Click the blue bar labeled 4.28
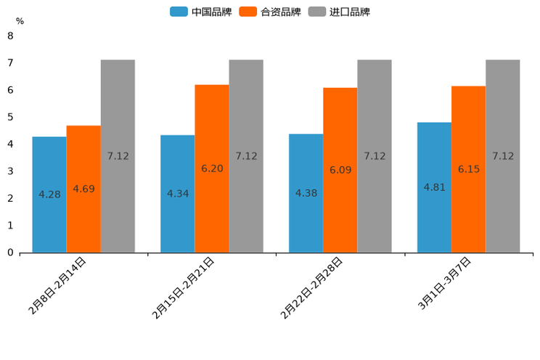click(x=49, y=195)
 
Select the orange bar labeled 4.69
click(x=83, y=189)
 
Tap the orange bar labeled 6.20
click(x=212, y=168)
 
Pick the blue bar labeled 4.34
click(x=178, y=194)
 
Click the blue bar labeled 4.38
click(x=306, y=193)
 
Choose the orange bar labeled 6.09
click(x=340, y=170)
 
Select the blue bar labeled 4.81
click(x=434, y=187)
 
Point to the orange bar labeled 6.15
click(x=468, y=169)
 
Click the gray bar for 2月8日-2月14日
click(x=118, y=156)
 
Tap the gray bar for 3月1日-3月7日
click(x=502, y=156)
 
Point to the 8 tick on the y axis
click(x=10, y=36)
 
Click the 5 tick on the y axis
click(x=10, y=117)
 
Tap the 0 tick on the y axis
click(x=10, y=253)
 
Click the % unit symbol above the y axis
click(x=20, y=21)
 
